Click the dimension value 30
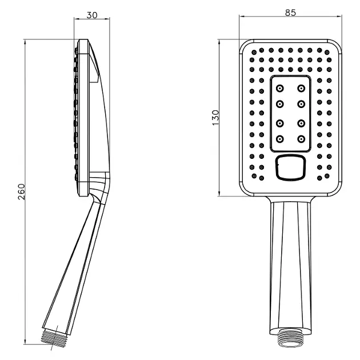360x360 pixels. tap(92, 15)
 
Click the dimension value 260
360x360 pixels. tap(21, 191)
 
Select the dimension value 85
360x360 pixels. tap(290, 13)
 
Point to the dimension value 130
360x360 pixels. tap(216, 118)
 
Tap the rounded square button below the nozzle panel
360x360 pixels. tap(290, 167)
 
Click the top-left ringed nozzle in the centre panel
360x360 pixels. tap(279, 88)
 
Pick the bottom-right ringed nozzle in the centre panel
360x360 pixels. tap(301, 139)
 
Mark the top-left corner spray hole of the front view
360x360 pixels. tap(254, 53)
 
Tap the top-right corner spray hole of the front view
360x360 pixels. tap(327, 53)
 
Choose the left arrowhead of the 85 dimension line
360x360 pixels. tap(242, 16)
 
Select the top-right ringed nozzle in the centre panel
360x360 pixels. tap(301, 88)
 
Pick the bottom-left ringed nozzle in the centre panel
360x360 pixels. tap(279, 139)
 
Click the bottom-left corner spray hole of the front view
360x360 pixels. tap(254, 176)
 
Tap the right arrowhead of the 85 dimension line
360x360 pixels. tap(339, 16)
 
